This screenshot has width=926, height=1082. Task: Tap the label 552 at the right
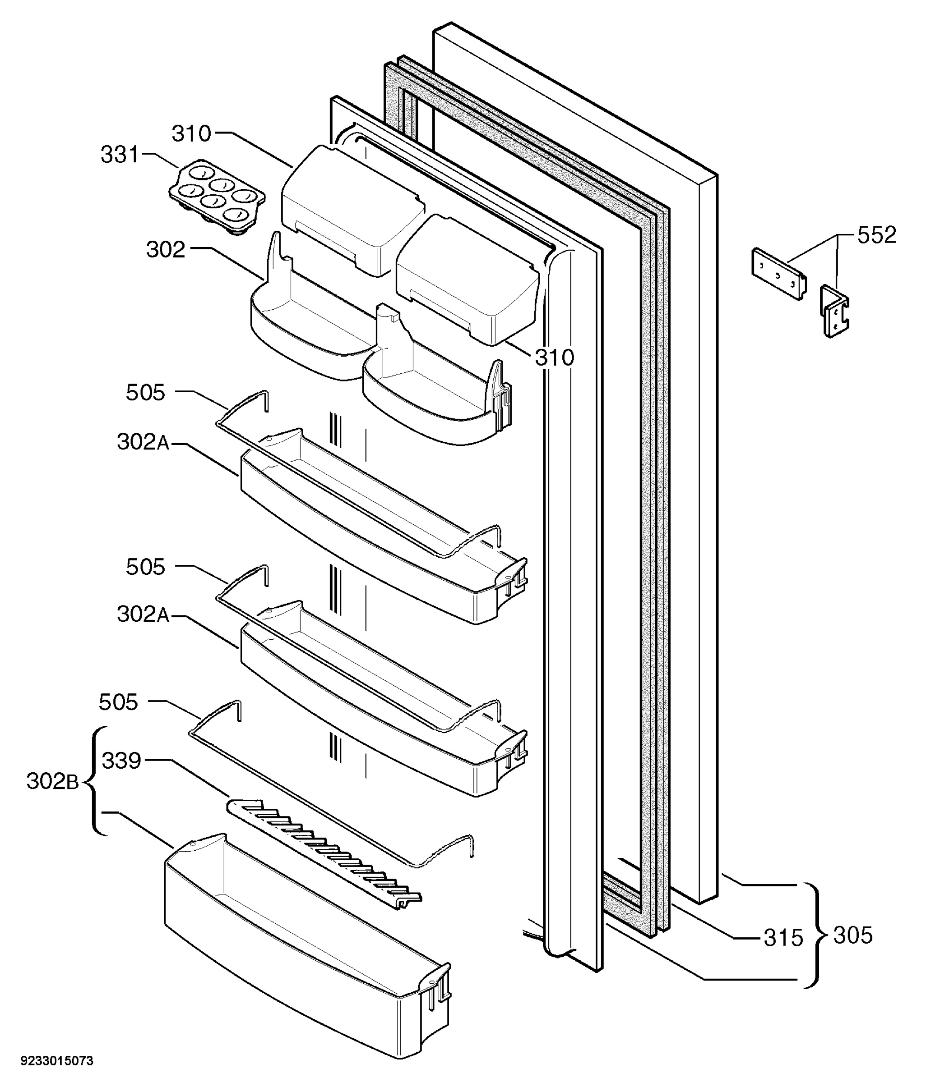876,235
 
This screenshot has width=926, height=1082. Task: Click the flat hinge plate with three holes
778,274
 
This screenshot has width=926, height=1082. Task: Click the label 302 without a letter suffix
166,250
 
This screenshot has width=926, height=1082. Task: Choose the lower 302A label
143,614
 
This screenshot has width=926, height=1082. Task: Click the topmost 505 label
145,392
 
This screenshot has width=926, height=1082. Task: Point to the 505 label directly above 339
119,702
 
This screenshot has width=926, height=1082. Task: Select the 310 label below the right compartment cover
555,358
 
